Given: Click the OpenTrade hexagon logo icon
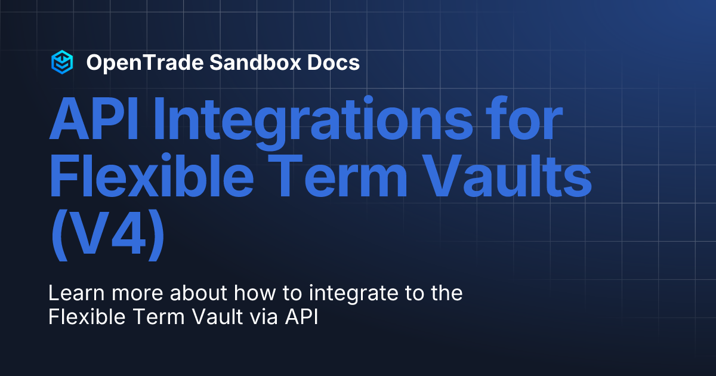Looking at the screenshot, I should (62, 62).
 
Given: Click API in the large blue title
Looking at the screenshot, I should (94, 122).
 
